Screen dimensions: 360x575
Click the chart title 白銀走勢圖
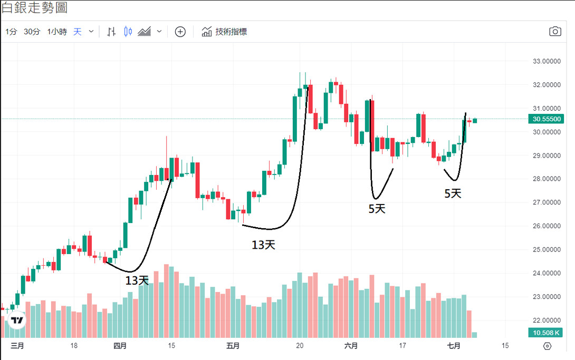(x=34, y=8)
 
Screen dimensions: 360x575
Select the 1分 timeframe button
(x=11, y=32)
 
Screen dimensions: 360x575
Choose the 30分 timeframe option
(x=32, y=32)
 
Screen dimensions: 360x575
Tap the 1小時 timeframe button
(x=56, y=32)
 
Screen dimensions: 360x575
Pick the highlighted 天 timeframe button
(x=78, y=32)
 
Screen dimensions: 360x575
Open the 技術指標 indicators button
(x=224, y=32)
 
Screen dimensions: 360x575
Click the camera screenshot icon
(x=555, y=32)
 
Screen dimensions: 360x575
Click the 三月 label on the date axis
(x=17, y=346)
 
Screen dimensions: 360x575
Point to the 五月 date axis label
(x=233, y=346)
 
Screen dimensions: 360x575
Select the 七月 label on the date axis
(x=454, y=346)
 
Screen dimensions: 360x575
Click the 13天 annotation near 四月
(x=137, y=280)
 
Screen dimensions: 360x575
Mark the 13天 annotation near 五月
(x=263, y=245)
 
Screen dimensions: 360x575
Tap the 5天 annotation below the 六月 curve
(x=377, y=209)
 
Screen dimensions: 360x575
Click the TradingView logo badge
(x=17, y=320)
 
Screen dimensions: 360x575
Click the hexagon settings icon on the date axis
(x=547, y=346)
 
